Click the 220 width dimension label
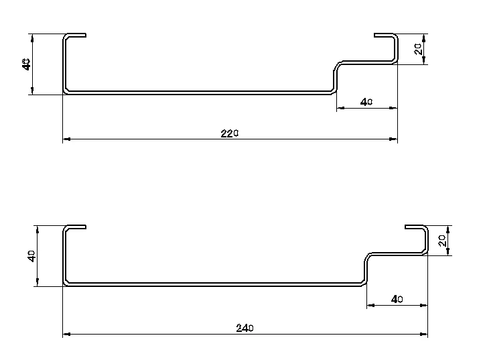pos(230,133)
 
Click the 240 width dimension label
pos(245,328)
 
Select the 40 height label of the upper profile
pos(26,64)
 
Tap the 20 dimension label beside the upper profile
pos(418,48)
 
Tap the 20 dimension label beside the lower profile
pos(442,240)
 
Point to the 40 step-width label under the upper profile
pos(366,102)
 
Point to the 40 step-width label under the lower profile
pos(396,299)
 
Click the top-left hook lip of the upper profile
pos(76,35)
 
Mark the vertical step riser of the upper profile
pos(335,77)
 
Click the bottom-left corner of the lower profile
pos(66,284)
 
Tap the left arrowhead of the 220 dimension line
pos(66,139)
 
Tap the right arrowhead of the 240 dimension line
pos(424,334)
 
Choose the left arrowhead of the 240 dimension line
pos(66,334)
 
